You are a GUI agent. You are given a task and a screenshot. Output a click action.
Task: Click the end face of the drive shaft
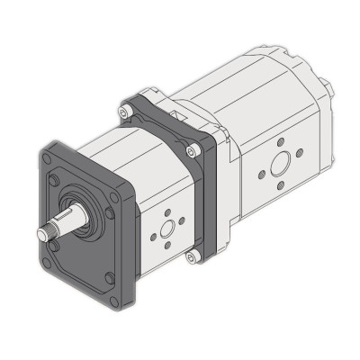pos(41,235)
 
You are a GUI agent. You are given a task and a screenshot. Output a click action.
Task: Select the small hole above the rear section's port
pos(281,142)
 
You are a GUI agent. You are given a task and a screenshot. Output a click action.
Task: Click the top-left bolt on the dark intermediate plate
pos(126,112)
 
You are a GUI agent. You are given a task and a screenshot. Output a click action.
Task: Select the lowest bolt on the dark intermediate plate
pos(191,257)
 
